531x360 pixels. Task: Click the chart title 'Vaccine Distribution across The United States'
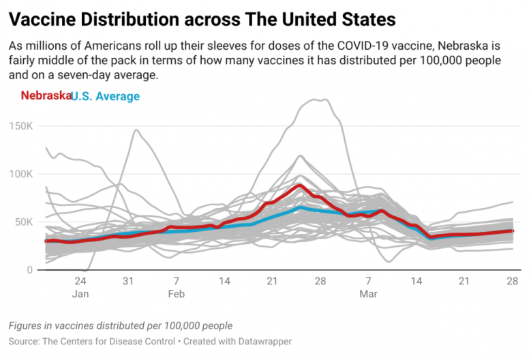pyautogui.click(x=202, y=18)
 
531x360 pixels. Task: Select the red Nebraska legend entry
pyautogui.click(x=45, y=96)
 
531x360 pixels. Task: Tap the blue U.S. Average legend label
pyautogui.click(x=106, y=96)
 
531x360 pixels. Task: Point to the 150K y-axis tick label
pyautogui.click(x=20, y=125)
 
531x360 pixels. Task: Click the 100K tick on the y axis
pyautogui.click(x=20, y=174)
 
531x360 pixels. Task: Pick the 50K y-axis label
pyautogui.click(x=22, y=222)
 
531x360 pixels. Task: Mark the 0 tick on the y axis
pyautogui.click(x=29, y=270)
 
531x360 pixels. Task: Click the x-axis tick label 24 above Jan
pyautogui.click(x=80, y=282)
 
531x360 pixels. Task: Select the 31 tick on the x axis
pyautogui.click(x=128, y=282)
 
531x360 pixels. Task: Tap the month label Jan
pyautogui.click(x=80, y=295)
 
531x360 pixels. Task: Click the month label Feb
pyautogui.click(x=176, y=295)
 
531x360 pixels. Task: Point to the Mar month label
pyautogui.click(x=368, y=295)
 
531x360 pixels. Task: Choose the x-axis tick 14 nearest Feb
pyautogui.click(x=224, y=282)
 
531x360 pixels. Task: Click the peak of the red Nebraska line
pyautogui.click(x=299, y=185)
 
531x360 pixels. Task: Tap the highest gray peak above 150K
pyautogui.click(x=320, y=100)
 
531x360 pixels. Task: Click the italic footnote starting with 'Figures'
pyautogui.click(x=121, y=325)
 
